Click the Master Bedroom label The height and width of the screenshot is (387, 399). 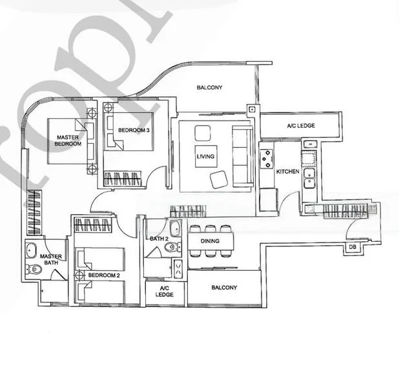coord(68,141)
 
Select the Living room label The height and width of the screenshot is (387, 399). coord(206,157)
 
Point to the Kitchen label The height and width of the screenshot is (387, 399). coord(287,172)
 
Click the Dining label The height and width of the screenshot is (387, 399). coord(210,241)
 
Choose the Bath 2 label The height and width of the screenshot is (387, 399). coord(158,239)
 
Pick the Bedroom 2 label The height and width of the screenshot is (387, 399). coord(105,275)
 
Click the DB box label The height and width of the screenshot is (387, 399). coord(353,247)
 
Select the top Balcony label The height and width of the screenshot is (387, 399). coord(210,87)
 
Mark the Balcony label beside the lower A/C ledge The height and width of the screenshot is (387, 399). coord(224,288)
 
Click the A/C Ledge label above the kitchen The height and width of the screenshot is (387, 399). coord(301,125)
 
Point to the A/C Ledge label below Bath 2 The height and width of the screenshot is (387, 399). coord(165,291)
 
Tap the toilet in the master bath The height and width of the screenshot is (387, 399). coord(30,269)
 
